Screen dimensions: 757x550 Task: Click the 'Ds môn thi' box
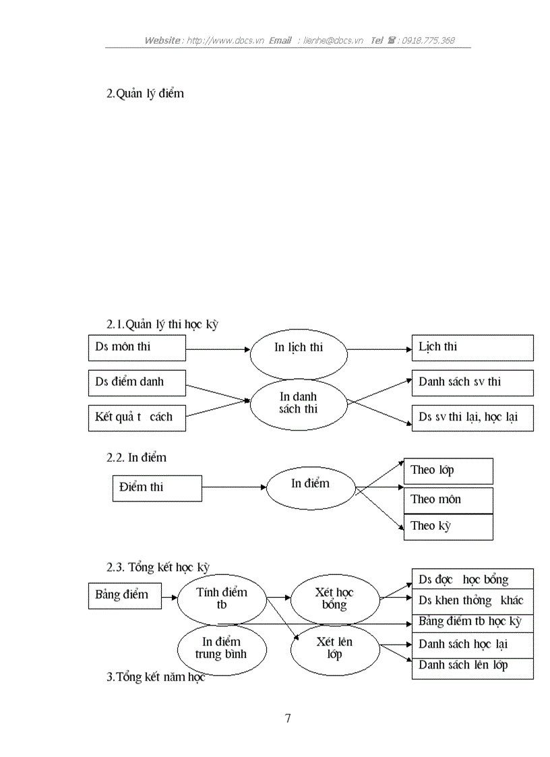(137, 348)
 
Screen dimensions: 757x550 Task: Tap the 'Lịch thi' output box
(472, 348)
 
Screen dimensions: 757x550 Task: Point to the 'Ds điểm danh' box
(137, 382)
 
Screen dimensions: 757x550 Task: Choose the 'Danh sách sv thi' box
(472, 382)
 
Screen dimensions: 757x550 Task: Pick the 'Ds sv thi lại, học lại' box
(472, 417)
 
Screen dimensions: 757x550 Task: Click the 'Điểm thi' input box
(157, 488)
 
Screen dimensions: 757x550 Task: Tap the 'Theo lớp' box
(448, 471)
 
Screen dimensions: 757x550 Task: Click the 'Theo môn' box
(448, 500)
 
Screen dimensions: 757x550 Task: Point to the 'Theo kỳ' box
(448, 526)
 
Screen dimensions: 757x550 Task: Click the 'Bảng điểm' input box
(125, 596)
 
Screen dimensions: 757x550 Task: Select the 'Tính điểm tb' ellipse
(222, 598)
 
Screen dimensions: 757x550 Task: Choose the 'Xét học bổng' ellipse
(334, 598)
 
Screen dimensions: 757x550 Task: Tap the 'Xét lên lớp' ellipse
(334, 648)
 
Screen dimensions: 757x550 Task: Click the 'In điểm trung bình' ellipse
(222, 648)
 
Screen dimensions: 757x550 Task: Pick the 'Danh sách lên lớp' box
(472, 667)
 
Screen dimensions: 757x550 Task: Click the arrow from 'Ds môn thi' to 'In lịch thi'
(218, 349)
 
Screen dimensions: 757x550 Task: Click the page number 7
(288, 719)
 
